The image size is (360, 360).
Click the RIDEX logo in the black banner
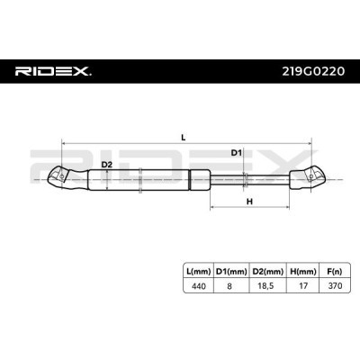[x=53, y=71]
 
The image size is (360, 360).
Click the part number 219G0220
[x=313, y=71]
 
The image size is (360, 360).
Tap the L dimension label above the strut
[x=184, y=138]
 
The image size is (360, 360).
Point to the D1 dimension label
[x=236, y=153]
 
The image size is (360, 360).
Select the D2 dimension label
[x=106, y=165]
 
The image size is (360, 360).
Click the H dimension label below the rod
[x=249, y=202]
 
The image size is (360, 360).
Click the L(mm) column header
[x=198, y=272]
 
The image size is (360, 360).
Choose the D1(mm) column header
[x=231, y=272]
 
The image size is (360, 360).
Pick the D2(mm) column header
[x=268, y=272]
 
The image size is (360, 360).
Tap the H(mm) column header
[x=303, y=272]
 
